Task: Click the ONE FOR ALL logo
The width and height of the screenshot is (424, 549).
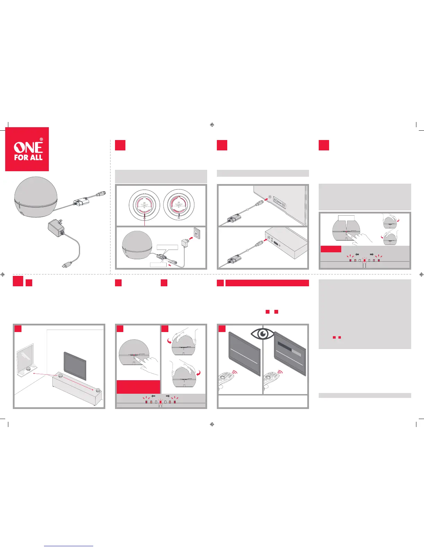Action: coord(27,149)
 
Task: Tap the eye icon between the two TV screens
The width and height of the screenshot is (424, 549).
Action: coord(263,333)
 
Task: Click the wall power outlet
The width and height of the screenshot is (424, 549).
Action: coord(196,235)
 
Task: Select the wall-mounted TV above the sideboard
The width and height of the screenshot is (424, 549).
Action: coord(75,365)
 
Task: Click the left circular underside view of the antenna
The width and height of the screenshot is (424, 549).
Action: coord(144,204)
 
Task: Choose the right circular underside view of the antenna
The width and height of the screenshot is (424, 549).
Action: coord(179,204)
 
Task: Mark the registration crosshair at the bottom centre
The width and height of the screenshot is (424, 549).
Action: coord(212,424)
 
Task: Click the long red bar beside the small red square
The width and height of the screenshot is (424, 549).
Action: coord(267,283)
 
